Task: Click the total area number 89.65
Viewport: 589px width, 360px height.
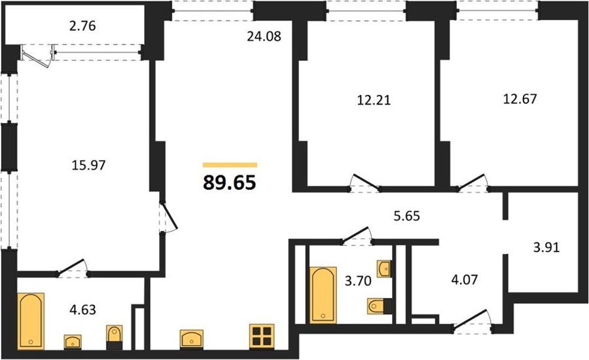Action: pyautogui.click(x=230, y=183)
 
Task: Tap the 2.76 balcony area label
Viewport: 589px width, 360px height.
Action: pyautogui.click(x=82, y=26)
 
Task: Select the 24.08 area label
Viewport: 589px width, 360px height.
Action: pyautogui.click(x=264, y=37)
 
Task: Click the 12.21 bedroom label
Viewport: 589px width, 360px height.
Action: pyautogui.click(x=374, y=100)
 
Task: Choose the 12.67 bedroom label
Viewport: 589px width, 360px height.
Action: pyautogui.click(x=520, y=99)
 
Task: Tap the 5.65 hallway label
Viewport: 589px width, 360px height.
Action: pyautogui.click(x=406, y=216)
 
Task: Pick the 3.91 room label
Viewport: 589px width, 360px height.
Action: pyautogui.click(x=546, y=247)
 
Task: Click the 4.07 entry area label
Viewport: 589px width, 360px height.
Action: pyautogui.click(x=464, y=279)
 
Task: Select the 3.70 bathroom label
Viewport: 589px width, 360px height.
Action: pyautogui.click(x=359, y=281)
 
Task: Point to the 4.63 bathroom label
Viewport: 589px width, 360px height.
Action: pyautogui.click(x=82, y=310)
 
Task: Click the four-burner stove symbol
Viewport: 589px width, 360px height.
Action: pyautogui.click(x=262, y=336)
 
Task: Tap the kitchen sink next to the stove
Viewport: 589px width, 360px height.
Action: pyautogui.click(x=192, y=339)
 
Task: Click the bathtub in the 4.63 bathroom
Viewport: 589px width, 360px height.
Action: pyautogui.click(x=31, y=321)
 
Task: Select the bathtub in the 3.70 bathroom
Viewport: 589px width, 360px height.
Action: pyautogui.click(x=323, y=295)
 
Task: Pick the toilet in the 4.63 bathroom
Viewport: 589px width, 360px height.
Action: pyautogui.click(x=114, y=337)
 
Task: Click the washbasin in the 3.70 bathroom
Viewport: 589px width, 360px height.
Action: pyautogui.click(x=384, y=268)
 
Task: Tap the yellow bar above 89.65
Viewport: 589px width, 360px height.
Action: pyautogui.click(x=230, y=164)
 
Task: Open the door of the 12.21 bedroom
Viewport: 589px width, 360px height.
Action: pyautogui.click(x=365, y=183)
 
